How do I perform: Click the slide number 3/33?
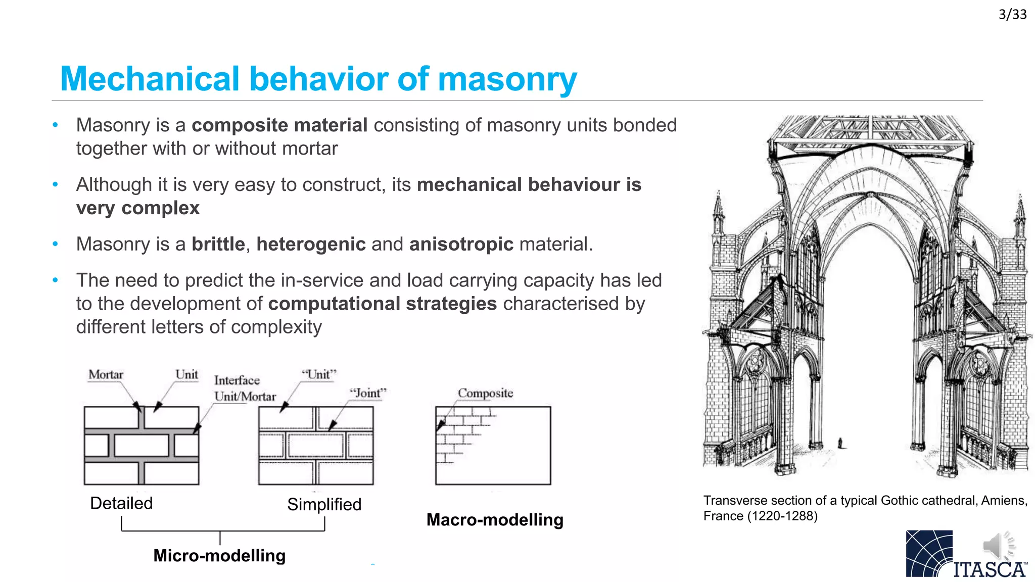[x=1012, y=15]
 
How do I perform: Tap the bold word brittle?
[x=218, y=245]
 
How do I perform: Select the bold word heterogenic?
[x=311, y=245]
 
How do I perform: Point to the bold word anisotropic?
[x=461, y=245]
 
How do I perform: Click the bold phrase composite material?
[x=279, y=125]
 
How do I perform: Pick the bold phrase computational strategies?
[x=383, y=304]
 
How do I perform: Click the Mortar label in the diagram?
[x=106, y=375]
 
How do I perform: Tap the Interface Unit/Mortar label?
[x=245, y=389]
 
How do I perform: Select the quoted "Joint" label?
[x=368, y=393]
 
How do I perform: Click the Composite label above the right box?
[x=485, y=393]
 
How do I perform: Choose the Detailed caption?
[x=121, y=503]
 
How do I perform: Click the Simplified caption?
[x=324, y=504]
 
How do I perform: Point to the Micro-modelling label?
[x=219, y=556]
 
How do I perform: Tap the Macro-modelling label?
[x=495, y=520]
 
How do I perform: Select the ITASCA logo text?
[x=989, y=570]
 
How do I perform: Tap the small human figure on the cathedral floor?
[x=840, y=443]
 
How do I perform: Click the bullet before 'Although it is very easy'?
[x=56, y=185]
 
